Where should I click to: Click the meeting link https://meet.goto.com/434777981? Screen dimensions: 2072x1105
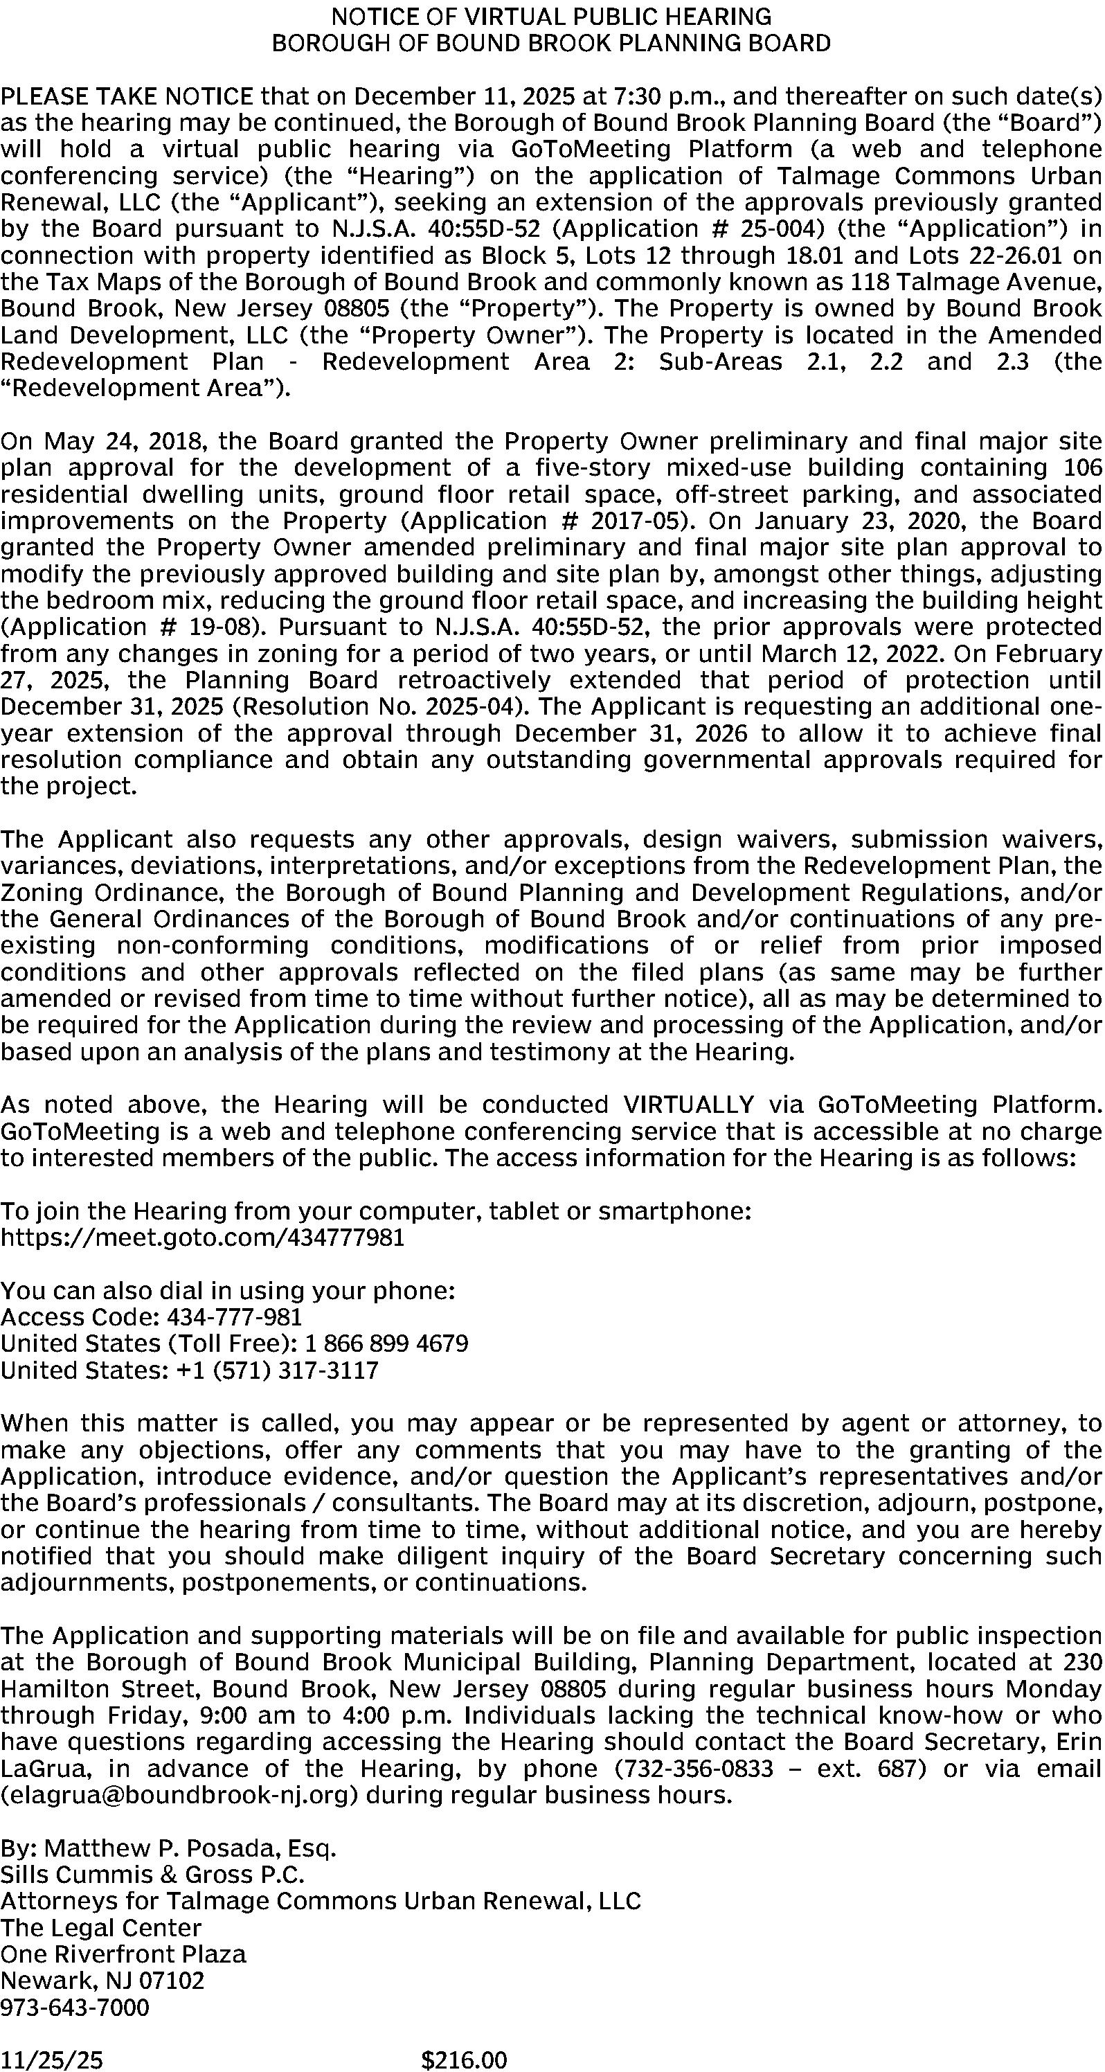[202, 1237]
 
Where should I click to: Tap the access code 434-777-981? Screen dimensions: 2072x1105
[234, 1316]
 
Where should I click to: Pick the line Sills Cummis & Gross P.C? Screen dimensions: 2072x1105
[153, 1875]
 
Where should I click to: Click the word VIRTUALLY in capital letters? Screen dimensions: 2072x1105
[688, 1104]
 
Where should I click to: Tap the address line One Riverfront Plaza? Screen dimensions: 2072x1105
[123, 1954]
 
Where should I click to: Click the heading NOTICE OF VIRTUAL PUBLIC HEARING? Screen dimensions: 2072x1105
[552, 16]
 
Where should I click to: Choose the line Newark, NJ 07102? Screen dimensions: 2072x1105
[103, 1981]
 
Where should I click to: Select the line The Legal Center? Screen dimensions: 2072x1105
[100, 1928]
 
